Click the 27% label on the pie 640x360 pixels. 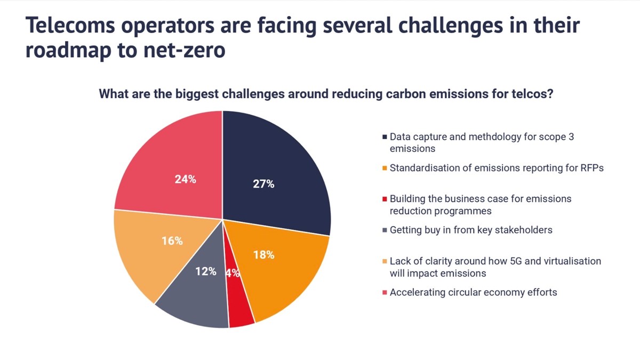263,185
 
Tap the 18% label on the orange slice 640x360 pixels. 263,255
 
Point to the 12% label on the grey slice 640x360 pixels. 205,271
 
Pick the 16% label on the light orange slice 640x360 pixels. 172,241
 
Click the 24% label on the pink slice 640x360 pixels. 185,180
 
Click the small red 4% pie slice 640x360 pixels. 240,309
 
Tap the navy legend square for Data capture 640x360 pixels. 385,137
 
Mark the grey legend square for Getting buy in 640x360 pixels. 385,230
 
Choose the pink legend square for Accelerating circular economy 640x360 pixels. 385,293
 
